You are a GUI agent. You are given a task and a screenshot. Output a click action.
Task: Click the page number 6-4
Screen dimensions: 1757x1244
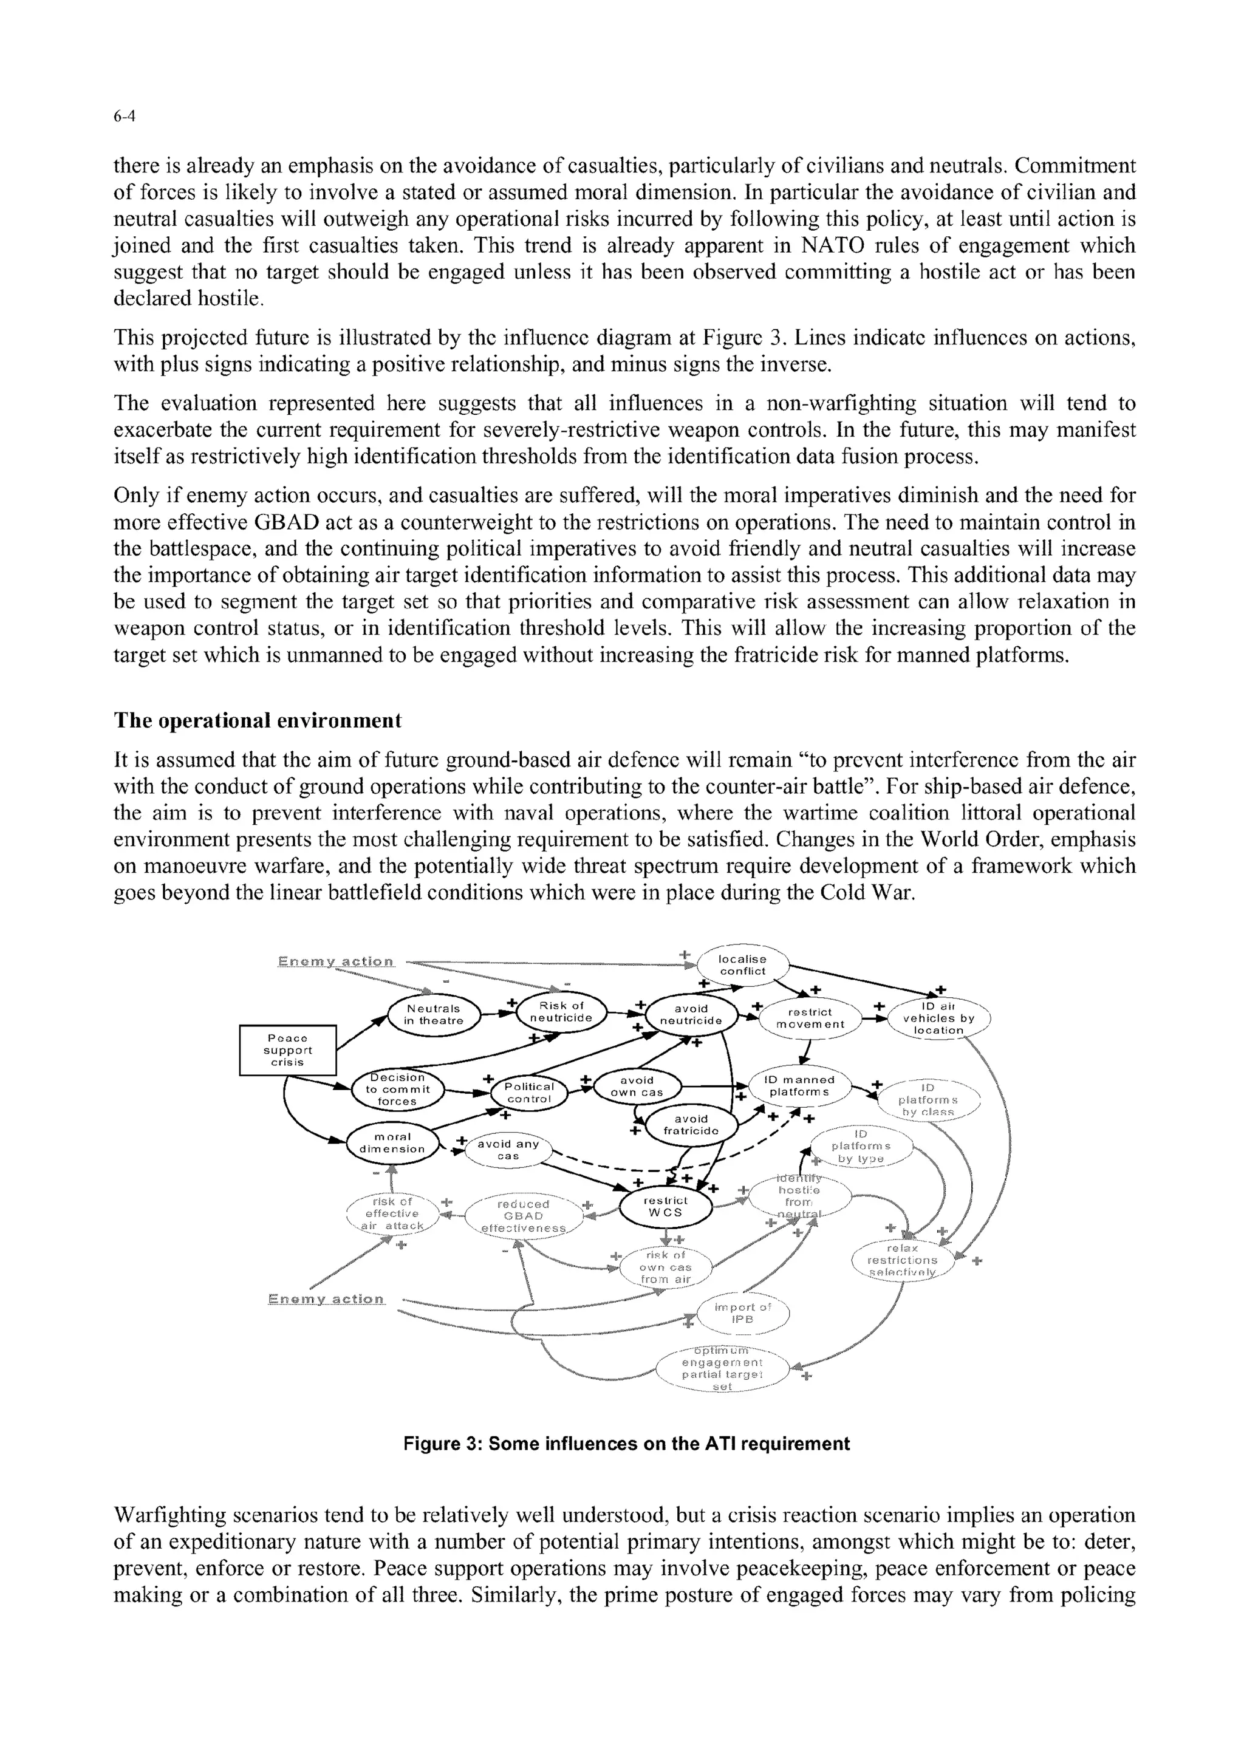(x=124, y=117)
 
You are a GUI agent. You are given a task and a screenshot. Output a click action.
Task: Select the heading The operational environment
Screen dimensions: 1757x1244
(x=258, y=721)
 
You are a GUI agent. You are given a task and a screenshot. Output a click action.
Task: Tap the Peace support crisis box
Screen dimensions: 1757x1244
(x=287, y=1050)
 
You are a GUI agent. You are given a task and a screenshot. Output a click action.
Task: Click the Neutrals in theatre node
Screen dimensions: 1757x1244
(x=434, y=1015)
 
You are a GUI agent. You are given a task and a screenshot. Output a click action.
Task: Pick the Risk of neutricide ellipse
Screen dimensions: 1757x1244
(x=561, y=1012)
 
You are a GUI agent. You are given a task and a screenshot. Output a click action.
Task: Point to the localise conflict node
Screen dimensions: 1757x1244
(x=742, y=965)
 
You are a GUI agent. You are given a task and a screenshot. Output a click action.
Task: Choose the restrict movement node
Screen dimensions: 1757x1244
(x=810, y=1018)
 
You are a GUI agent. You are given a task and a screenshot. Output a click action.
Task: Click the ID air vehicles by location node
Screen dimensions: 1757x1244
(x=938, y=1018)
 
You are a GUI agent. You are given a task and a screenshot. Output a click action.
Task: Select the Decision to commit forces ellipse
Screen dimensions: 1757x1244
(x=398, y=1089)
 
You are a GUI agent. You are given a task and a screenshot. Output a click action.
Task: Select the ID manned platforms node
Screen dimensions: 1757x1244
(x=799, y=1085)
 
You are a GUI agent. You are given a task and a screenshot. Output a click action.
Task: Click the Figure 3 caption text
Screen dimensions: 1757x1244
(x=627, y=1444)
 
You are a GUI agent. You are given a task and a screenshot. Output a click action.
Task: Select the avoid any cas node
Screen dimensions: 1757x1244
(x=508, y=1150)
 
